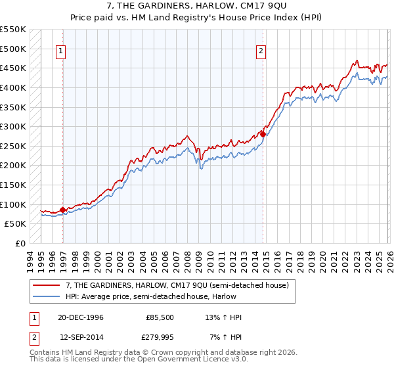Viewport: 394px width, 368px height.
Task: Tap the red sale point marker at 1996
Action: click(x=63, y=210)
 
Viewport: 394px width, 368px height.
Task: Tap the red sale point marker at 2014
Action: click(x=263, y=134)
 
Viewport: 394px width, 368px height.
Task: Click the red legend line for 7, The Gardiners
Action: click(x=47, y=285)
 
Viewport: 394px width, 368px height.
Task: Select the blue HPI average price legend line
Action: click(x=47, y=297)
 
